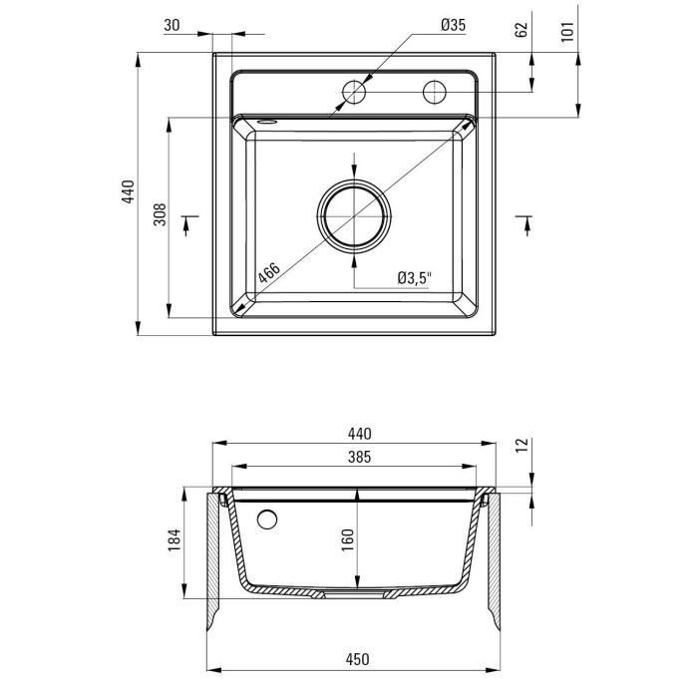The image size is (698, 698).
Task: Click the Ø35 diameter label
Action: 453,25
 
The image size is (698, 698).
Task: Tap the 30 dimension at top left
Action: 172,25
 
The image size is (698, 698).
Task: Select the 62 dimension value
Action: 521,29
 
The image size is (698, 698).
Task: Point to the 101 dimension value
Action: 567,31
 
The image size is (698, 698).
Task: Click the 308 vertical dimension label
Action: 160,214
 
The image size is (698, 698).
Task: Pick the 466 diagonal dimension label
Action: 269,272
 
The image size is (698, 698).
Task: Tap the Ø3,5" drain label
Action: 415,278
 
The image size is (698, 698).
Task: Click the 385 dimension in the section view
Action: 359,457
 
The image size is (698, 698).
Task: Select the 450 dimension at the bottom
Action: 357,659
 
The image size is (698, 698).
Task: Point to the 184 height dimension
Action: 174,540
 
